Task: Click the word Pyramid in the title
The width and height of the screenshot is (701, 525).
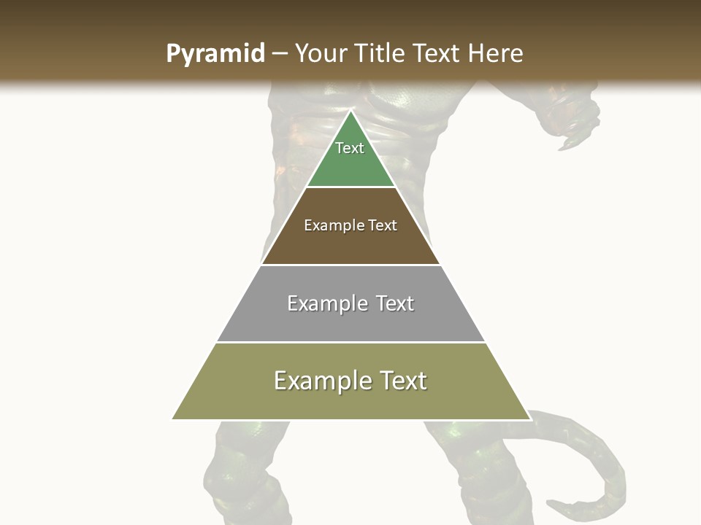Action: coord(215,54)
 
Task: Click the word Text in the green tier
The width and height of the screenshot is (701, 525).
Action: coord(350,148)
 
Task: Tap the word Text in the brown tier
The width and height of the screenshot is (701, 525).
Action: coord(383,225)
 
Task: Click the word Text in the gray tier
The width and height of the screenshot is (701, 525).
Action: coord(395,303)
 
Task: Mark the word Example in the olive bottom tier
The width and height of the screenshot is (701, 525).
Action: coord(321,381)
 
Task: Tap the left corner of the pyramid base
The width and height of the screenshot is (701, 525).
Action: coord(173,419)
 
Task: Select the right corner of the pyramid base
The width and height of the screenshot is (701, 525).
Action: coord(529,419)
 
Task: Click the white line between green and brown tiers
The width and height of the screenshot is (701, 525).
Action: coord(350,187)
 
